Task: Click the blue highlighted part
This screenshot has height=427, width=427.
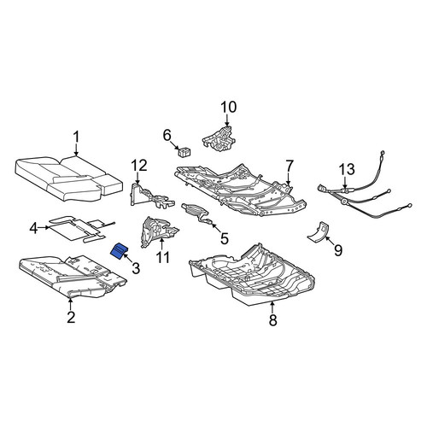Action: coord(119,251)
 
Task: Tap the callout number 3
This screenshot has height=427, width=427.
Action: coord(136,268)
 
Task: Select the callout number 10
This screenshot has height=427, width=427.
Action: coord(229,107)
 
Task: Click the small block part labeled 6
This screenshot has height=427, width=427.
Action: coord(184,152)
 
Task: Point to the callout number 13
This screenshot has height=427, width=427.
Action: coord(347,169)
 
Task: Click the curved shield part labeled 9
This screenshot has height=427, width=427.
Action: coord(318,231)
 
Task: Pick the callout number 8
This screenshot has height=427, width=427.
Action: coord(272,320)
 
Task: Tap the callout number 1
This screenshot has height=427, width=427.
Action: coord(76,137)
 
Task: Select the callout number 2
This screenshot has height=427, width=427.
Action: coord(71,317)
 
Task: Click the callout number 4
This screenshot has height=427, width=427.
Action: coord(34,228)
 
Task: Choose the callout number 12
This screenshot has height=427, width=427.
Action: coord(139,166)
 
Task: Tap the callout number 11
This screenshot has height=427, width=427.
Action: coord(163,257)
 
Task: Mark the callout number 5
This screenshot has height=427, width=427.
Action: coord(225,238)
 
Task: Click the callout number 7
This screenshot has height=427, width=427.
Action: coord(290,166)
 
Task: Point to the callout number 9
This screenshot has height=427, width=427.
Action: coord(338,250)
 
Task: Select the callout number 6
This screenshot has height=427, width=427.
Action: coord(167,135)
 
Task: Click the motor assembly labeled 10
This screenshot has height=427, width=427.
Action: coord(219,137)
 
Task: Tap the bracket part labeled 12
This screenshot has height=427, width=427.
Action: coord(149,196)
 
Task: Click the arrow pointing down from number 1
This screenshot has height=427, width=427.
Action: coord(76,150)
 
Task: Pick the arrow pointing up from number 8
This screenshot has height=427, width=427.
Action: coord(272,307)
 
